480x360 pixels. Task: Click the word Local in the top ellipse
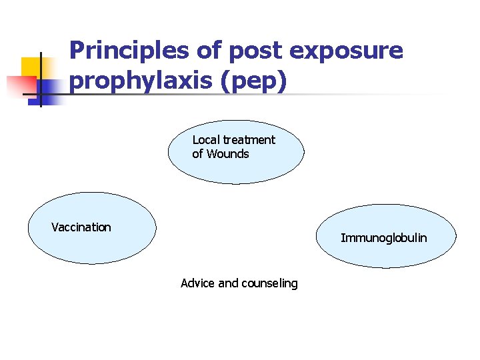(x=206, y=140)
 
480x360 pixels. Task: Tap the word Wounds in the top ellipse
(x=227, y=154)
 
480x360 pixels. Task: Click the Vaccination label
(x=81, y=227)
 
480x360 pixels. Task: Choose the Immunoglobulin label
(x=384, y=238)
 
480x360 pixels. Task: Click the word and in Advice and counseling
(x=228, y=283)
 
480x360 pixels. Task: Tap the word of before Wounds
(x=197, y=154)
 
